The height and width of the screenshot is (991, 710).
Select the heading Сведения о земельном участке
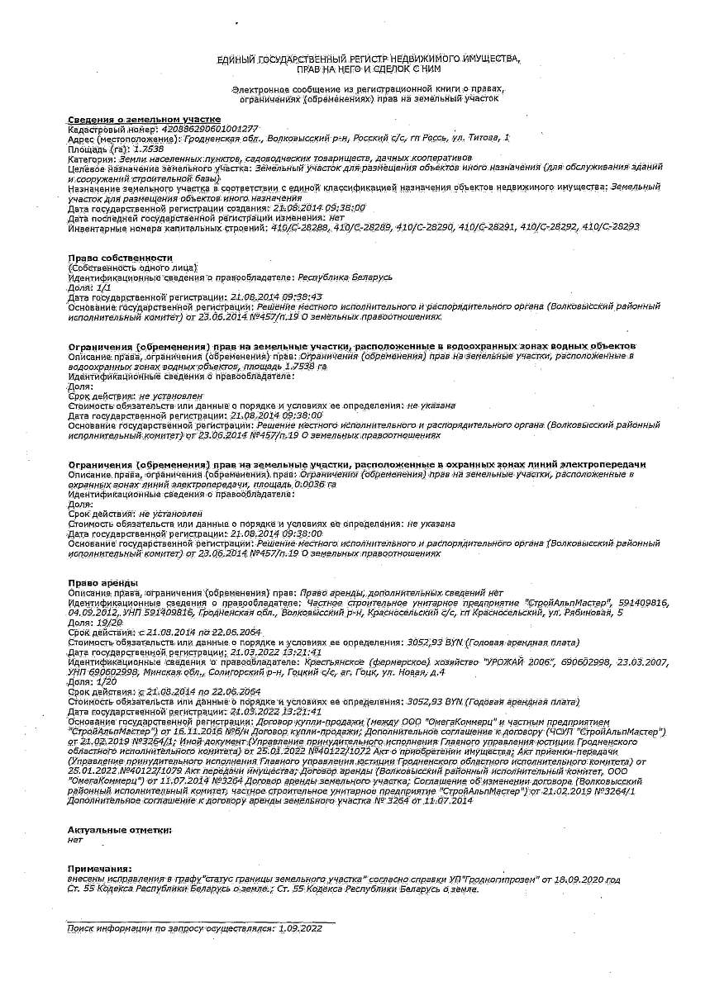tap(144, 120)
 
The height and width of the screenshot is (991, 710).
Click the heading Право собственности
tap(120, 258)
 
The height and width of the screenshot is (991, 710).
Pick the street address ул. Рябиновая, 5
tap(588, 613)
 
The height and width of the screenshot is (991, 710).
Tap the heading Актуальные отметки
tap(119, 828)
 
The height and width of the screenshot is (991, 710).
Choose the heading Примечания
tap(99, 869)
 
